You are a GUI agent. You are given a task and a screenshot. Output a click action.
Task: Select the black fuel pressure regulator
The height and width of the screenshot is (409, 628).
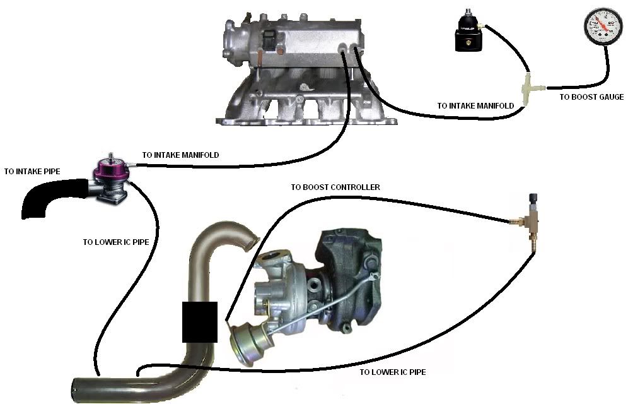(468, 32)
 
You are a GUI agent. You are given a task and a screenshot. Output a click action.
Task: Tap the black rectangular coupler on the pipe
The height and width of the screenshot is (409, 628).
(200, 322)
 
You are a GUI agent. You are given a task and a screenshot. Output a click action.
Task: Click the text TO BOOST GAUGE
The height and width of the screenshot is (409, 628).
(591, 97)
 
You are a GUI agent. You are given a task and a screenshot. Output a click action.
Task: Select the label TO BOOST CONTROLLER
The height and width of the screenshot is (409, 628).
(335, 187)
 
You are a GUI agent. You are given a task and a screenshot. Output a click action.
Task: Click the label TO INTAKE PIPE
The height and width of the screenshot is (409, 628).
(32, 172)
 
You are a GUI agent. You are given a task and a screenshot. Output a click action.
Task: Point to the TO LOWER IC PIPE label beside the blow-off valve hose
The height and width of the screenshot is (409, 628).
(116, 242)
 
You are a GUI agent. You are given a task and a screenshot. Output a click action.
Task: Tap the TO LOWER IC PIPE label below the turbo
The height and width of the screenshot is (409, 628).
(392, 372)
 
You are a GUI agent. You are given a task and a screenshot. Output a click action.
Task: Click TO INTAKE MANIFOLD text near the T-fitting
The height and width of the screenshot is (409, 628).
(475, 106)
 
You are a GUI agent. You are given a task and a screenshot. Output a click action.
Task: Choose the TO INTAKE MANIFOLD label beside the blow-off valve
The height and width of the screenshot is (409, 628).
(180, 155)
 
